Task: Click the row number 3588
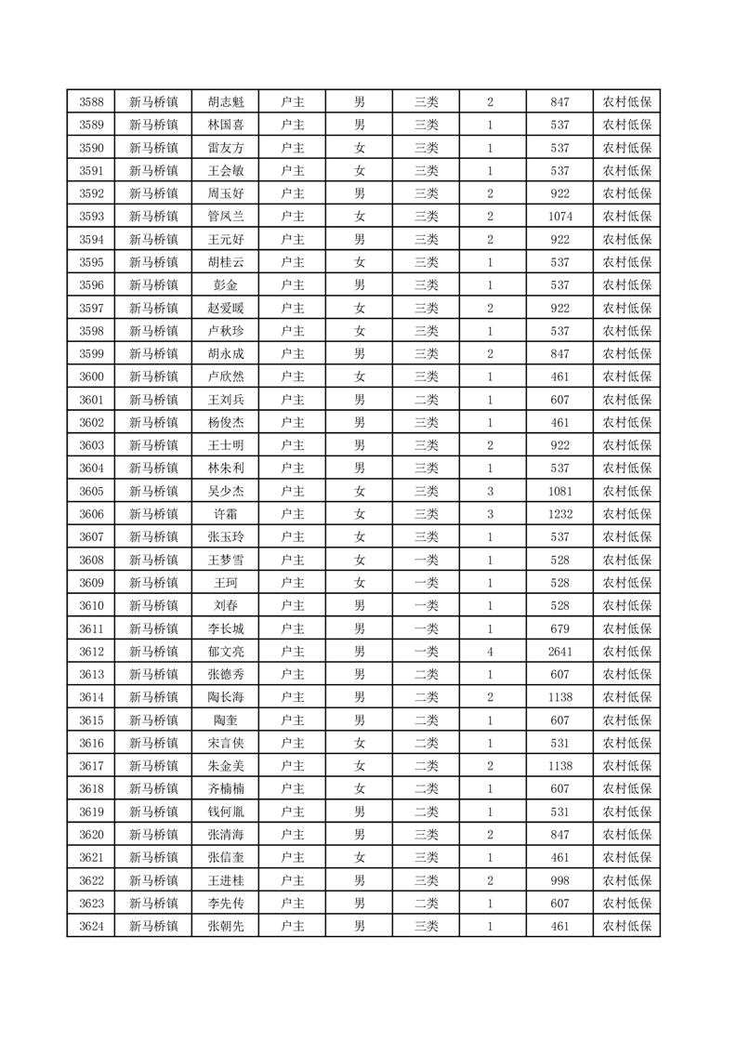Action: tap(91, 102)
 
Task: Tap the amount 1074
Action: tap(559, 217)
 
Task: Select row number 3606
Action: tap(91, 514)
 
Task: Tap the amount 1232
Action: tap(559, 514)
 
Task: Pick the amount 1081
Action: tap(559, 491)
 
